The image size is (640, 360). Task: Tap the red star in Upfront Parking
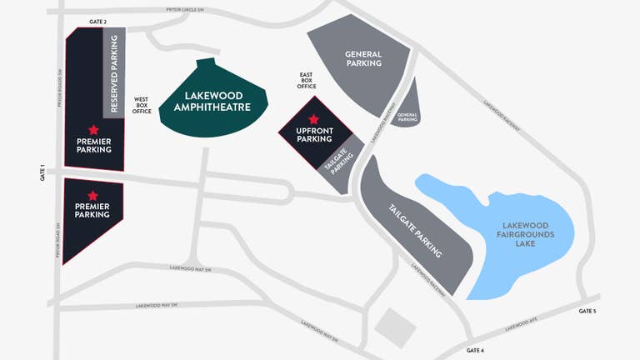[313, 120]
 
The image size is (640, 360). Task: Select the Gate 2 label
[97, 21]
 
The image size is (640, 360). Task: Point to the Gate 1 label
[42, 172]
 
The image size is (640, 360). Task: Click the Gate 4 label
[476, 349]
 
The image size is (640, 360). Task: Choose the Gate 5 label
[587, 311]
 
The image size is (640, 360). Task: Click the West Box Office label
[142, 104]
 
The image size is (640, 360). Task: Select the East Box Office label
[307, 80]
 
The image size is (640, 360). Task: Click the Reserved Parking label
[114, 72]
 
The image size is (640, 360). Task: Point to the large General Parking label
[362, 58]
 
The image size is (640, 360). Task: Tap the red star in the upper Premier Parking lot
[93, 130]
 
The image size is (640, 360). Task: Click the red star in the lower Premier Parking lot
[92, 196]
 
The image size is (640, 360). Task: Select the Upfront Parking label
[314, 135]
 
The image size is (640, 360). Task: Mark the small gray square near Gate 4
[395, 326]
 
